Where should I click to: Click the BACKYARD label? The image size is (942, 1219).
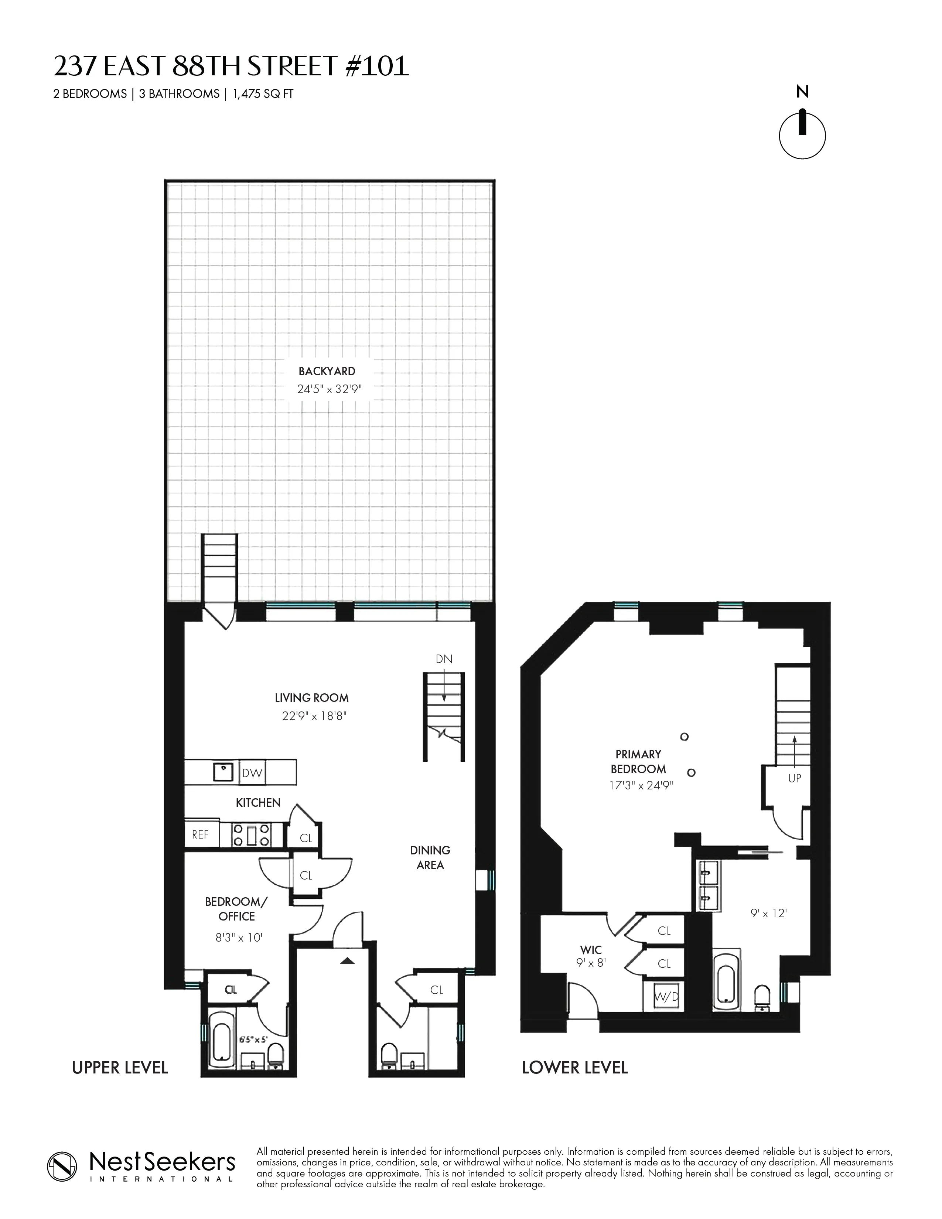coord(327,371)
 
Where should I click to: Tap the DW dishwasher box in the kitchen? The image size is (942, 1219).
coord(252,773)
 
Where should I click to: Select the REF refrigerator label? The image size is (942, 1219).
coord(200,834)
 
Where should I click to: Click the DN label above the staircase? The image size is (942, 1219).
coord(444,659)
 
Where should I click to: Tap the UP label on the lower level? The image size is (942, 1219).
coord(794,778)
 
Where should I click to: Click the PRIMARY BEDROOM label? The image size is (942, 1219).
coord(638,761)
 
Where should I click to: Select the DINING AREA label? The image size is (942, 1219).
coord(430,857)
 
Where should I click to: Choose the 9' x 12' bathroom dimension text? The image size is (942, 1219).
coord(768,914)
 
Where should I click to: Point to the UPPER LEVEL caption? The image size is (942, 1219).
coord(120,1068)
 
